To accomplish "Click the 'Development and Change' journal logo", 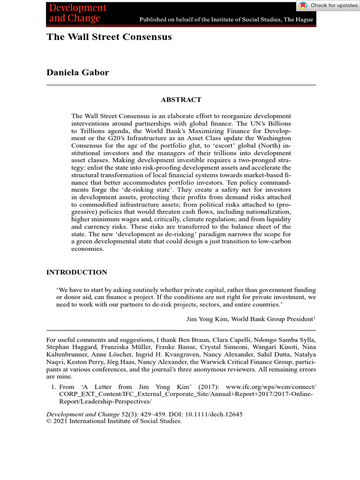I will (78, 13).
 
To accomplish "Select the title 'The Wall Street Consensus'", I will (109, 37).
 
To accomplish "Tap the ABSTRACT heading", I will (181, 100).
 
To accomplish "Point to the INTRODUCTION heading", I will (77, 272).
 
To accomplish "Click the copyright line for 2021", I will (114, 421).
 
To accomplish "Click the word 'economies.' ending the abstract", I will (87, 249).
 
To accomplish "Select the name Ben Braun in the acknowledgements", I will (212, 340).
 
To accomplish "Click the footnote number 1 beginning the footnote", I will (52, 387).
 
